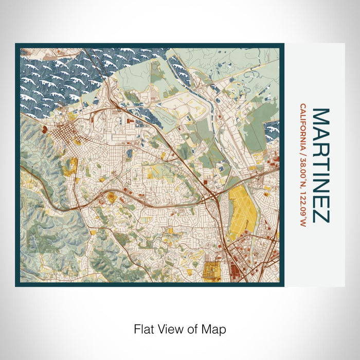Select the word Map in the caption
coord(215,328)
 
